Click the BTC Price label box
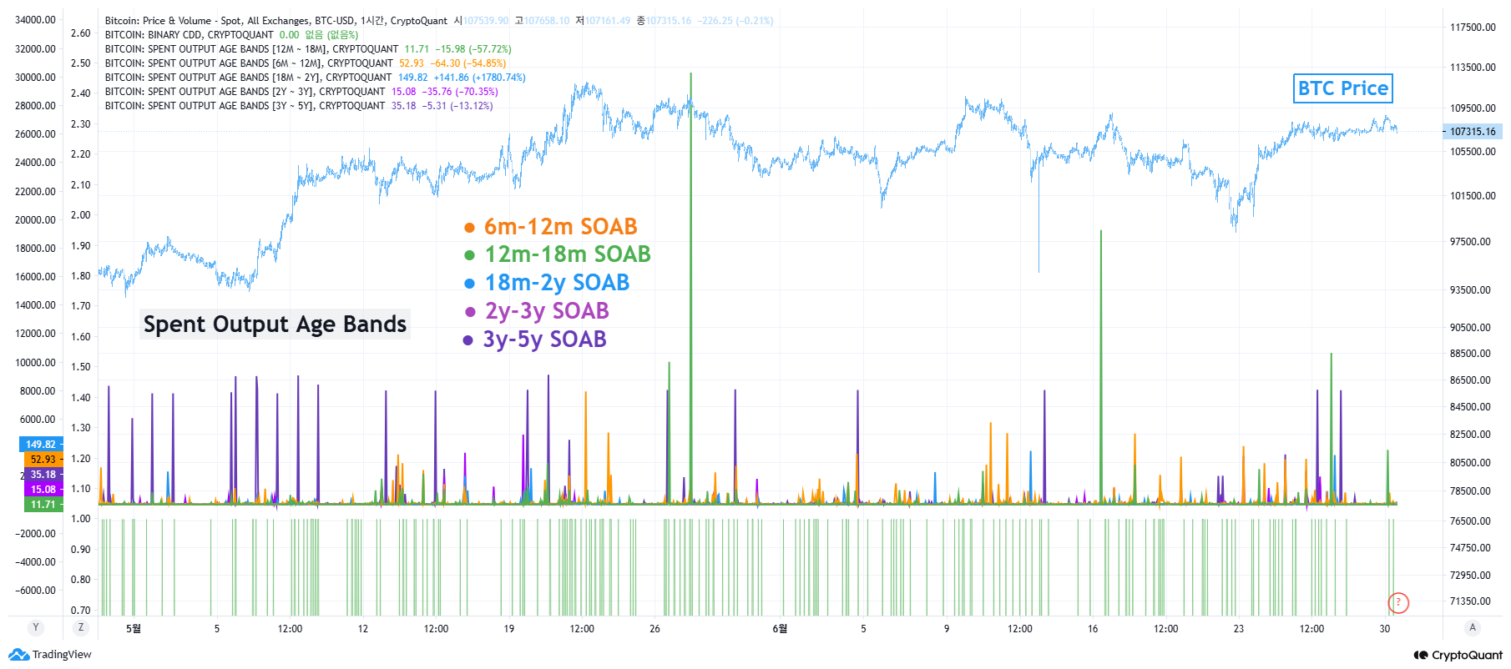coord(1342,88)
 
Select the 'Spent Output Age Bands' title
coord(275,324)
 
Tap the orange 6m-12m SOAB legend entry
coord(552,227)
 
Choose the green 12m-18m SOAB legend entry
coord(558,254)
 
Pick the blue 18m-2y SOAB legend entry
coord(548,283)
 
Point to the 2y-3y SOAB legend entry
coord(538,311)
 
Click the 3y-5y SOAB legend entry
coord(536,340)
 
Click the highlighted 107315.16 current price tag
coord(1473,132)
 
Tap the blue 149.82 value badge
coord(40,445)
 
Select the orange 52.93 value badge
coord(43,460)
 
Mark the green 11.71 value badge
coord(43,505)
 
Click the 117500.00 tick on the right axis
coord(1473,28)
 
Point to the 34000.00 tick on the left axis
coord(35,20)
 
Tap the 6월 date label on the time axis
coord(780,629)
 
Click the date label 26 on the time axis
coord(654,629)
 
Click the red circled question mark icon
coord(1398,602)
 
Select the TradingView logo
coord(50,655)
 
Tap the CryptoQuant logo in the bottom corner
coord(1458,656)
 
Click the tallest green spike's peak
coord(691,74)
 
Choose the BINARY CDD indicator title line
coord(190,35)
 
